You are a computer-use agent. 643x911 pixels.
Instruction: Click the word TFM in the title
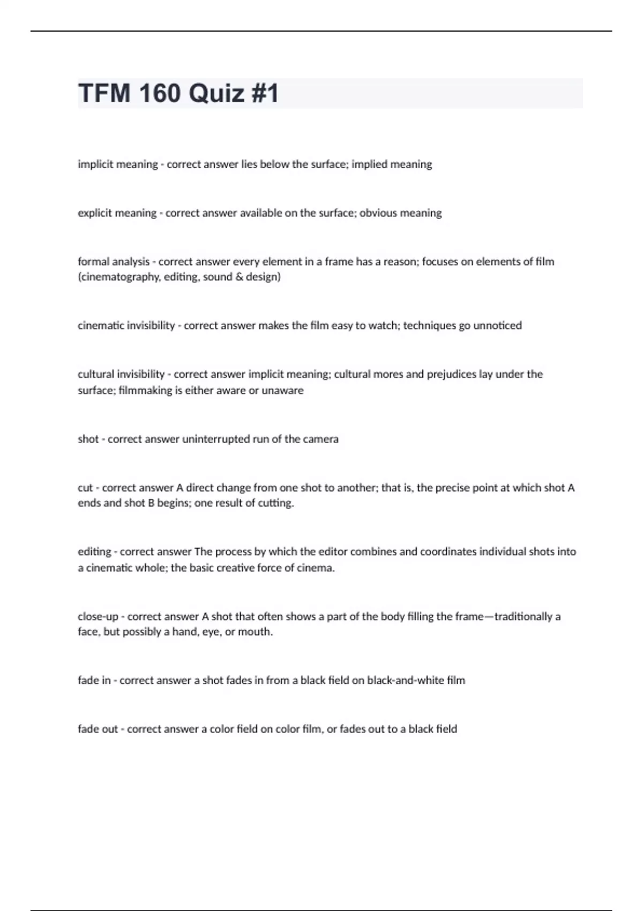point(103,93)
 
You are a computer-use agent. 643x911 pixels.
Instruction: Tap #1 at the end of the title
point(264,93)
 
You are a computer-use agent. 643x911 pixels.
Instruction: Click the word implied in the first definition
point(369,164)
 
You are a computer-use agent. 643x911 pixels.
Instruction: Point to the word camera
point(320,439)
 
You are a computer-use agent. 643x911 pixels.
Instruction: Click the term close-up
point(98,616)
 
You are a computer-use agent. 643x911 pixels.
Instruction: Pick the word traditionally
point(523,616)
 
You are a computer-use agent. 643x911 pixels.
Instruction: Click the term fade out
point(98,729)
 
